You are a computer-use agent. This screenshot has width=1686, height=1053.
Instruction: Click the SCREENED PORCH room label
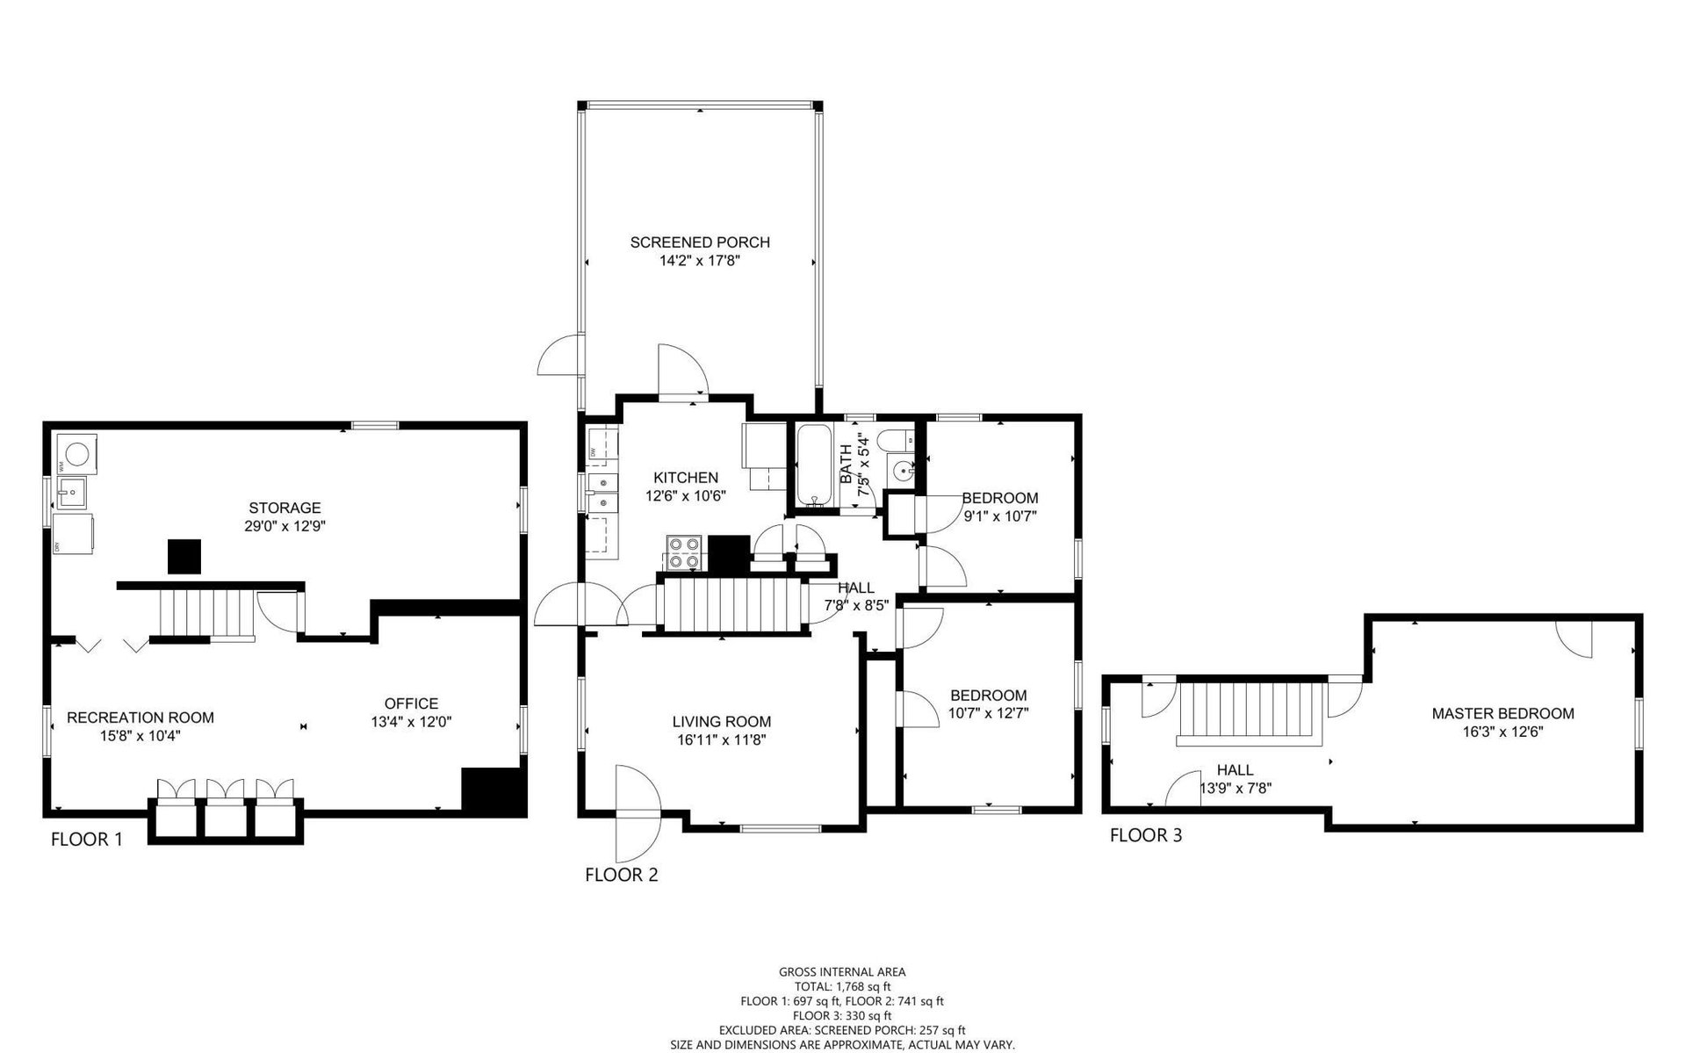coord(700,242)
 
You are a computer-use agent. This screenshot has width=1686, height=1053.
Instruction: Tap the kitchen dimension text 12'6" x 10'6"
coord(685,495)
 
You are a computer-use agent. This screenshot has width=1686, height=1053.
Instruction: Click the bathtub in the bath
coord(818,466)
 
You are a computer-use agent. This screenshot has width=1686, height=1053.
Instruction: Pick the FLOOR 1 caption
coord(87,840)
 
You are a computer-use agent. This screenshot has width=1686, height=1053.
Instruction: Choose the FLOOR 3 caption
coord(1146,835)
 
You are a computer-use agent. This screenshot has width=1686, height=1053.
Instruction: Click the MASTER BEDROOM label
coord(1502,714)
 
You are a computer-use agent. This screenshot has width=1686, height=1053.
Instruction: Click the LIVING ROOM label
coord(722,722)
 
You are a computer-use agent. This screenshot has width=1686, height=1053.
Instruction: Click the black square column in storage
coord(184,557)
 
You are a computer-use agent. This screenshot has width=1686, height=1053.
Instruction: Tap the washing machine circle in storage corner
coord(78,453)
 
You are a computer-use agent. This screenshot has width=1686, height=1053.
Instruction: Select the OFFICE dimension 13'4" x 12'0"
coord(411,722)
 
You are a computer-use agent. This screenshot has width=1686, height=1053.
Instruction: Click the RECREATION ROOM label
coord(140,718)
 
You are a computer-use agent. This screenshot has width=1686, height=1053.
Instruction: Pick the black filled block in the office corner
coord(493,792)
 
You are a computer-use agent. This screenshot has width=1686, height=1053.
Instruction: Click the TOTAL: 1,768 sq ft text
coord(842,987)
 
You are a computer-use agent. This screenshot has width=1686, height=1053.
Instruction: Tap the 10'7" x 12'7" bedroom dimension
coord(988,714)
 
